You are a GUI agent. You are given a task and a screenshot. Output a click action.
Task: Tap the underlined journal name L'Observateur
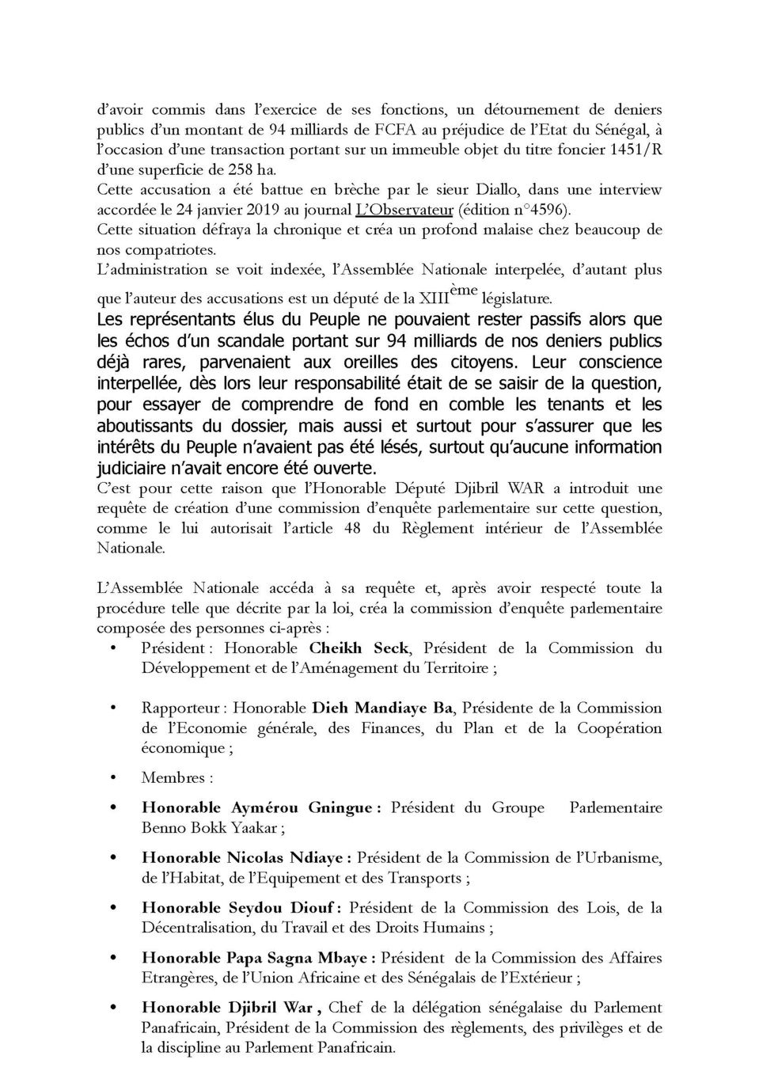pyautogui.click(x=404, y=210)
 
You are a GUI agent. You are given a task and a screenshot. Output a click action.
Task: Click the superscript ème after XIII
pyautogui.click(x=464, y=291)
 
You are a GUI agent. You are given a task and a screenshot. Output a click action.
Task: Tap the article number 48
pyautogui.click(x=352, y=528)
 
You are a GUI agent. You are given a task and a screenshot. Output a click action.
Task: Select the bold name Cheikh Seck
pyautogui.click(x=359, y=648)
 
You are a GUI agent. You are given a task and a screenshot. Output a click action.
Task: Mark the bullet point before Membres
pyautogui.click(x=113, y=778)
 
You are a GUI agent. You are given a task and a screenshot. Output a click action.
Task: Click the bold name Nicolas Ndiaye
pyautogui.click(x=285, y=857)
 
